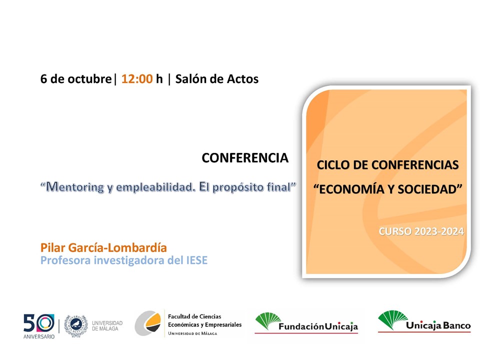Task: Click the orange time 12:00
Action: (x=137, y=79)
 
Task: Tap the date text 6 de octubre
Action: (x=76, y=79)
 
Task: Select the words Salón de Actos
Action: (x=216, y=79)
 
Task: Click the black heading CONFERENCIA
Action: (x=245, y=158)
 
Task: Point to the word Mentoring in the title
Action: (x=75, y=186)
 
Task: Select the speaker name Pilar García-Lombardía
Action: (x=103, y=247)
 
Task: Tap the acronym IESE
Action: (x=197, y=260)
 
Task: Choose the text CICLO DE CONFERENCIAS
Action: (x=387, y=165)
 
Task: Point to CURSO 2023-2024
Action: (x=421, y=231)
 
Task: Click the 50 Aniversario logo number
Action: (x=39, y=323)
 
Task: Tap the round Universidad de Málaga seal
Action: (x=76, y=325)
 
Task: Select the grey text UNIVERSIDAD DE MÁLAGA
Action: (x=107, y=325)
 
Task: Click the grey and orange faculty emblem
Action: (x=148, y=323)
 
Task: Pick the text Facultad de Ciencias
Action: (x=194, y=316)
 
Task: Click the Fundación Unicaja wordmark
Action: (x=318, y=326)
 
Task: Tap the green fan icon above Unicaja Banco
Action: (x=393, y=320)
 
